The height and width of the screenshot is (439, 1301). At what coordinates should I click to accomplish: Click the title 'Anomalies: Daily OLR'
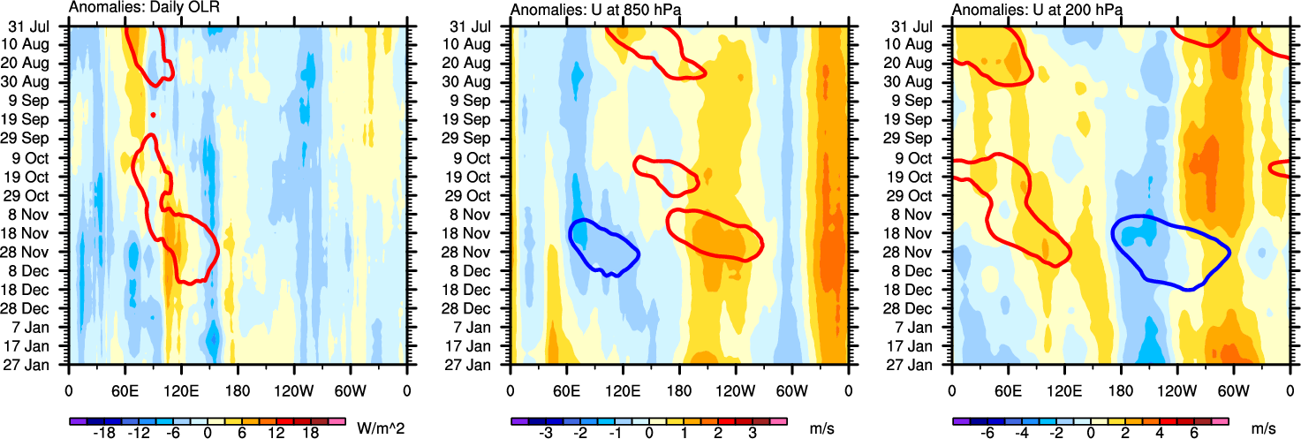(144, 9)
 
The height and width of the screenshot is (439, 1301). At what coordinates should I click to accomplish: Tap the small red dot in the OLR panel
(154, 115)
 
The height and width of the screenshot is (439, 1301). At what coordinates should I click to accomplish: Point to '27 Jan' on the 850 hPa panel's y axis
(481, 364)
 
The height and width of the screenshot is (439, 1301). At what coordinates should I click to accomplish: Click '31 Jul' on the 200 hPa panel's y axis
(923, 26)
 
